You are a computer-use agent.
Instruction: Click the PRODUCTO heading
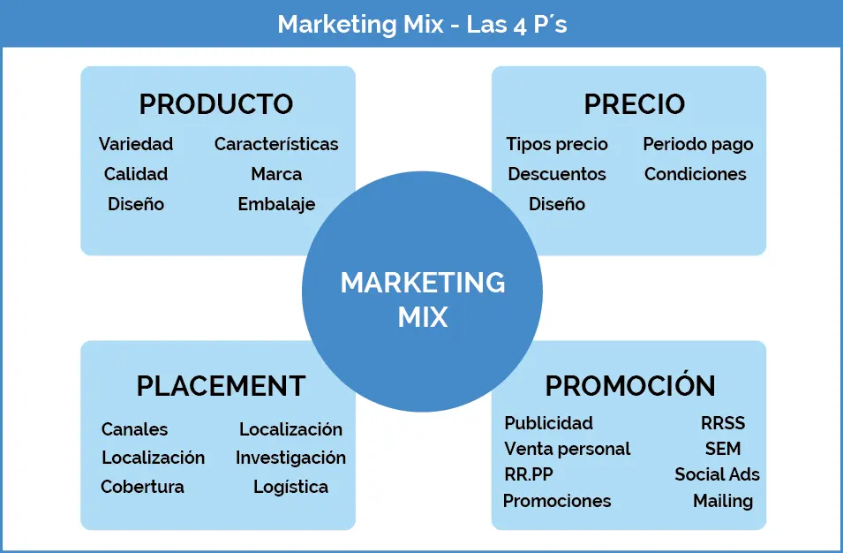[x=216, y=104]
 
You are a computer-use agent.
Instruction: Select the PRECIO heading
[x=635, y=104]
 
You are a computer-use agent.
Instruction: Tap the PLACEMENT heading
[x=221, y=386]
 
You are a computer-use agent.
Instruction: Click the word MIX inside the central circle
[x=423, y=317]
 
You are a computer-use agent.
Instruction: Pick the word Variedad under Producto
[x=136, y=144]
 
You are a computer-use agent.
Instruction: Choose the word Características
[x=276, y=144]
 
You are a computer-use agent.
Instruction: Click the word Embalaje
[x=276, y=205]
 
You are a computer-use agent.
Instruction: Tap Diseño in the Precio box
[x=556, y=204]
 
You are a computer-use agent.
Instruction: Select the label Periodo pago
[x=698, y=145]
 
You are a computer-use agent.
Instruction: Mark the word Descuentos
[x=556, y=174]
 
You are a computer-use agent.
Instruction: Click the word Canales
[x=134, y=429]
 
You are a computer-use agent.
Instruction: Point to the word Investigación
[x=290, y=458]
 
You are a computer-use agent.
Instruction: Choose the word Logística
[x=290, y=488]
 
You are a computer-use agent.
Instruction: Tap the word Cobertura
[x=142, y=487]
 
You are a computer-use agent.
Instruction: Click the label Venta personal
[x=568, y=449]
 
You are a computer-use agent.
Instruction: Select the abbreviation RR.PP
[x=529, y=474]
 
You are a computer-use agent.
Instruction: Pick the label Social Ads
[x=717, y=474]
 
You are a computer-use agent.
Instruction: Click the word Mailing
[x=723, y=502]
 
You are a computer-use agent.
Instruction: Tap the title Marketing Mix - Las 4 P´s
[x=422, y=24]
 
